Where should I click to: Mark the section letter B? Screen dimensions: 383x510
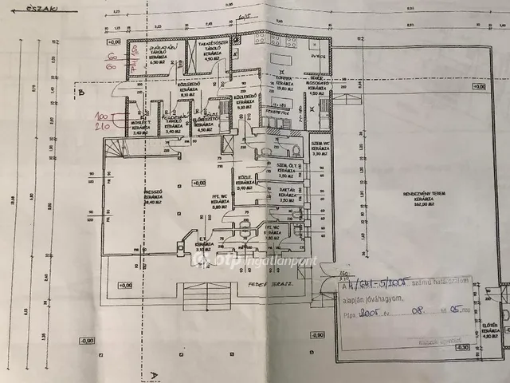80,93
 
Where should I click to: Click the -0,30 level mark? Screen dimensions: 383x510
317,336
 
